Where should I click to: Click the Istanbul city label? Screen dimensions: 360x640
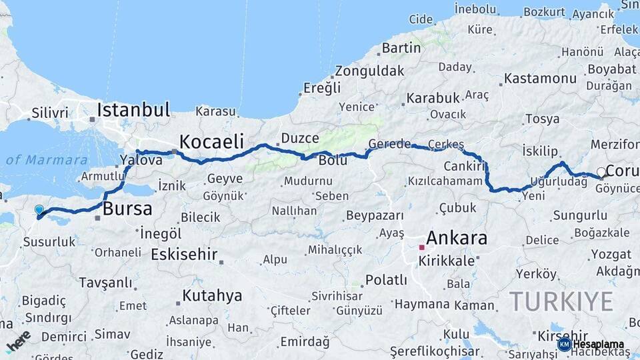[133, 109]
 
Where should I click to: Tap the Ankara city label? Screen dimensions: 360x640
[457, 238]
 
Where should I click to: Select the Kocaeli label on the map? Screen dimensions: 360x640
[211, 141]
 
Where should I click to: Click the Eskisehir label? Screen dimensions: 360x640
[184, 254]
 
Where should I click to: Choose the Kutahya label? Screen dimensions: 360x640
[212, 295]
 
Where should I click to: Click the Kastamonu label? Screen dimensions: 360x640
[540, 78]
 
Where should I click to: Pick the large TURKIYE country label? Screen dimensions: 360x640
[561, 301]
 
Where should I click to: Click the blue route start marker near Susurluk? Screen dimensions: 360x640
[39, 210]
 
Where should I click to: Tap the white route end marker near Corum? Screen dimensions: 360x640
[601, 173]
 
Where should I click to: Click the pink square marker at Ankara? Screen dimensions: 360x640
[421, 247]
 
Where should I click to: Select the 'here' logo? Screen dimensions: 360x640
[19, 340]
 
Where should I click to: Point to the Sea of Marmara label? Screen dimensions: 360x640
[47, 160]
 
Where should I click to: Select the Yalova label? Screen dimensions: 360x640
[141, 160]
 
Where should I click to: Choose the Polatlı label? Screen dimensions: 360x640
[386, 280]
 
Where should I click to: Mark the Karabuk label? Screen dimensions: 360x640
[433, 98]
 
